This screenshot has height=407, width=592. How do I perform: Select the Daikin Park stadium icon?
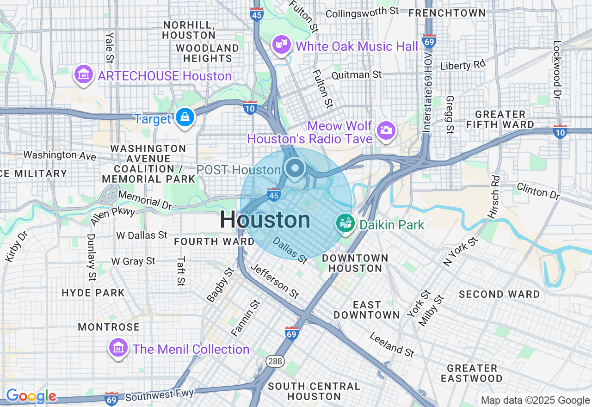345,224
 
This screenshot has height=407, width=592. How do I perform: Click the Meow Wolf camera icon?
385,129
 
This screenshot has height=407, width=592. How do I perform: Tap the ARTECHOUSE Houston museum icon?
84,74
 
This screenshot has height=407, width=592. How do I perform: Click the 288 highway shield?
275,361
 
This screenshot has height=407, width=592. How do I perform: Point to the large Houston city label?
265,220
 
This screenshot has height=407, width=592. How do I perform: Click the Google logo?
31,396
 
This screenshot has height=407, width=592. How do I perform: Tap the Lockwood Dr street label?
557,70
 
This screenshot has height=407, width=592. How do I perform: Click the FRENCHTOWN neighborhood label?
447,13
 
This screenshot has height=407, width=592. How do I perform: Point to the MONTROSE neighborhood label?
109,327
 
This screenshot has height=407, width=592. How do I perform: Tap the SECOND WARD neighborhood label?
499,294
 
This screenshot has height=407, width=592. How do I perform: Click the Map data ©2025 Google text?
535,400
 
